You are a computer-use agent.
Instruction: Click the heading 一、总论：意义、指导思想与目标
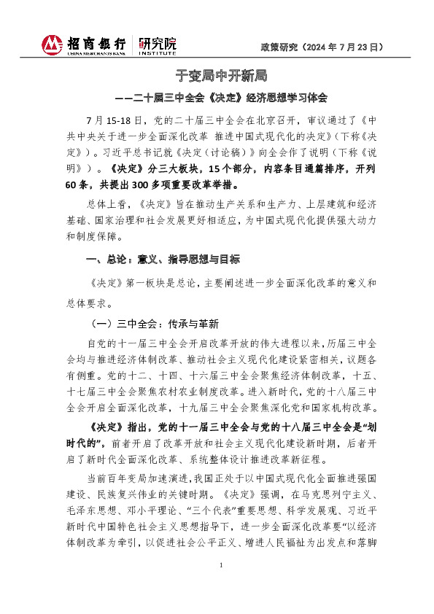(x=163, y=259)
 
